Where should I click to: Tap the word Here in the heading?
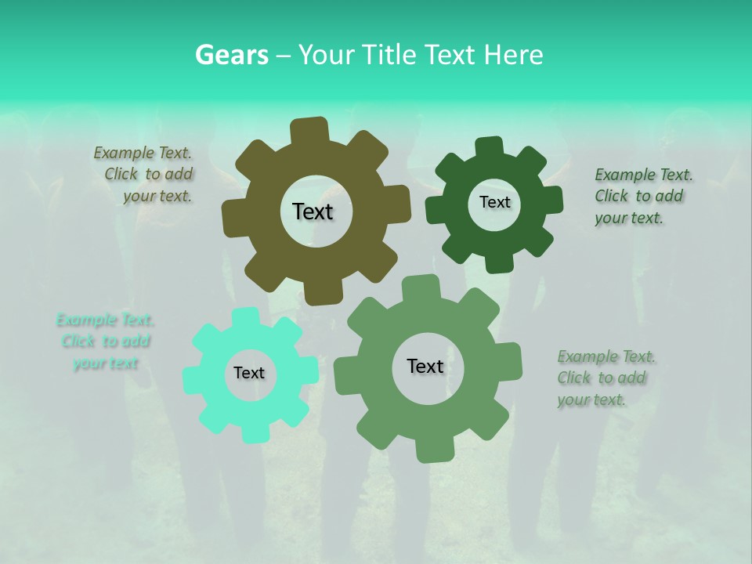(514, 55)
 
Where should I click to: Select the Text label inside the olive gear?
(313, 211)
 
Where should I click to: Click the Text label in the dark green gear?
(494, 202)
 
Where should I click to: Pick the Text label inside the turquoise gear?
(249, 373)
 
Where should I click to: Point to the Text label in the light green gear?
(425, 366)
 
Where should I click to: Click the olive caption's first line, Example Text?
(143, 153)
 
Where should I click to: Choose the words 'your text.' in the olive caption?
(157, 197)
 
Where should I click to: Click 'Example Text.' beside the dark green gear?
(644, 175)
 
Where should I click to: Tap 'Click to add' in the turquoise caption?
(106, 342)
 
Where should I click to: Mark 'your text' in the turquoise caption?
(106, 363)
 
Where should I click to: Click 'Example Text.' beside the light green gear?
(606, 357)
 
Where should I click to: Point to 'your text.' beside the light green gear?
(592, 400)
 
